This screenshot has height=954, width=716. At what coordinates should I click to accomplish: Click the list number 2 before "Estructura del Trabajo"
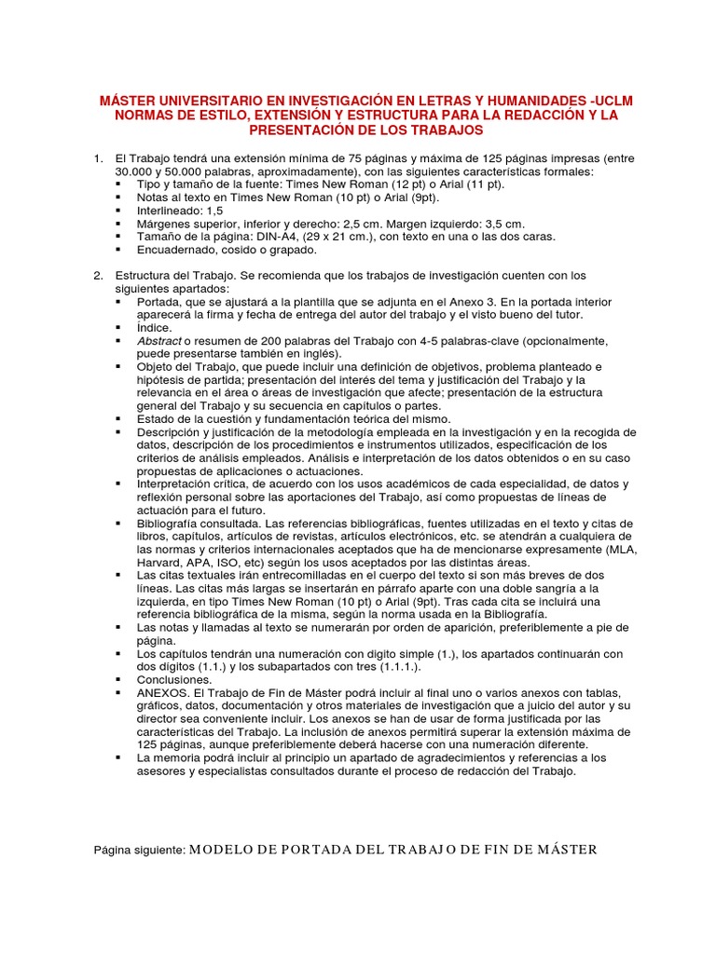point(98,276)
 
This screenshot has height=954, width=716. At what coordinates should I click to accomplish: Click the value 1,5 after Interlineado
point(213,211)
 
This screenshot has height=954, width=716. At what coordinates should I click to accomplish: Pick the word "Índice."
point(156,328)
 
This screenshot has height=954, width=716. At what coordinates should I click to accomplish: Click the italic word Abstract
point(159,341)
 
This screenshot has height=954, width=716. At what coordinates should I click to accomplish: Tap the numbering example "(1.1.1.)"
point(398,667)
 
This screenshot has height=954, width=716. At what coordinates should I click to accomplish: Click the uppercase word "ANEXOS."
point(164,693)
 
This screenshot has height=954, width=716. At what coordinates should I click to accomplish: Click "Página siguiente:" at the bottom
point(141,850)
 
